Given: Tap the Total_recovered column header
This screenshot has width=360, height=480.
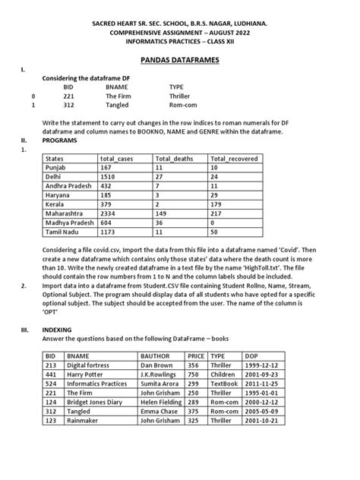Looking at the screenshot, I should point(234,159).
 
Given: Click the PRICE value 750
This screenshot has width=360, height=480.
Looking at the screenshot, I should point(194,374).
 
